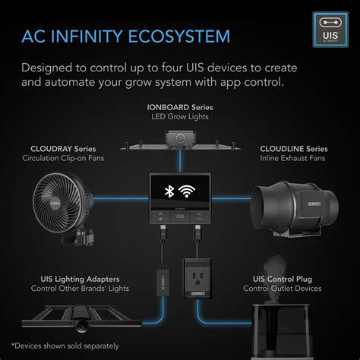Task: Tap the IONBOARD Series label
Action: point(180,107)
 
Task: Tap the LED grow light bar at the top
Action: point(180,144)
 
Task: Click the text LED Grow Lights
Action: point(180,118)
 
